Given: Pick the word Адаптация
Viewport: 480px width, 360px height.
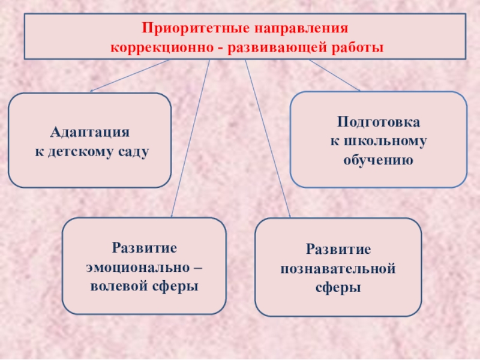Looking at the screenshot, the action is click(x=90, y=131).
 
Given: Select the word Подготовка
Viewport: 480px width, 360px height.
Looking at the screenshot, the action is click(x=379, y=122).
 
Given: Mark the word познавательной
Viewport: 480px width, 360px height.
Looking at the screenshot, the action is click(x=338, y=268).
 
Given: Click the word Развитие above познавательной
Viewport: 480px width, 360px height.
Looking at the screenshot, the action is click(x=338, y=248).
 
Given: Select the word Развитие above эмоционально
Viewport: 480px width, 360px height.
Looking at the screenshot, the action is click(x=145, y=248).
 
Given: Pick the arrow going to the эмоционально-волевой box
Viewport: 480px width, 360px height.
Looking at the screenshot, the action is click(x=190, y=138).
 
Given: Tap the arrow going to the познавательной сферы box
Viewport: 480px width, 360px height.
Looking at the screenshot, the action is click(x=268, y=138).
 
